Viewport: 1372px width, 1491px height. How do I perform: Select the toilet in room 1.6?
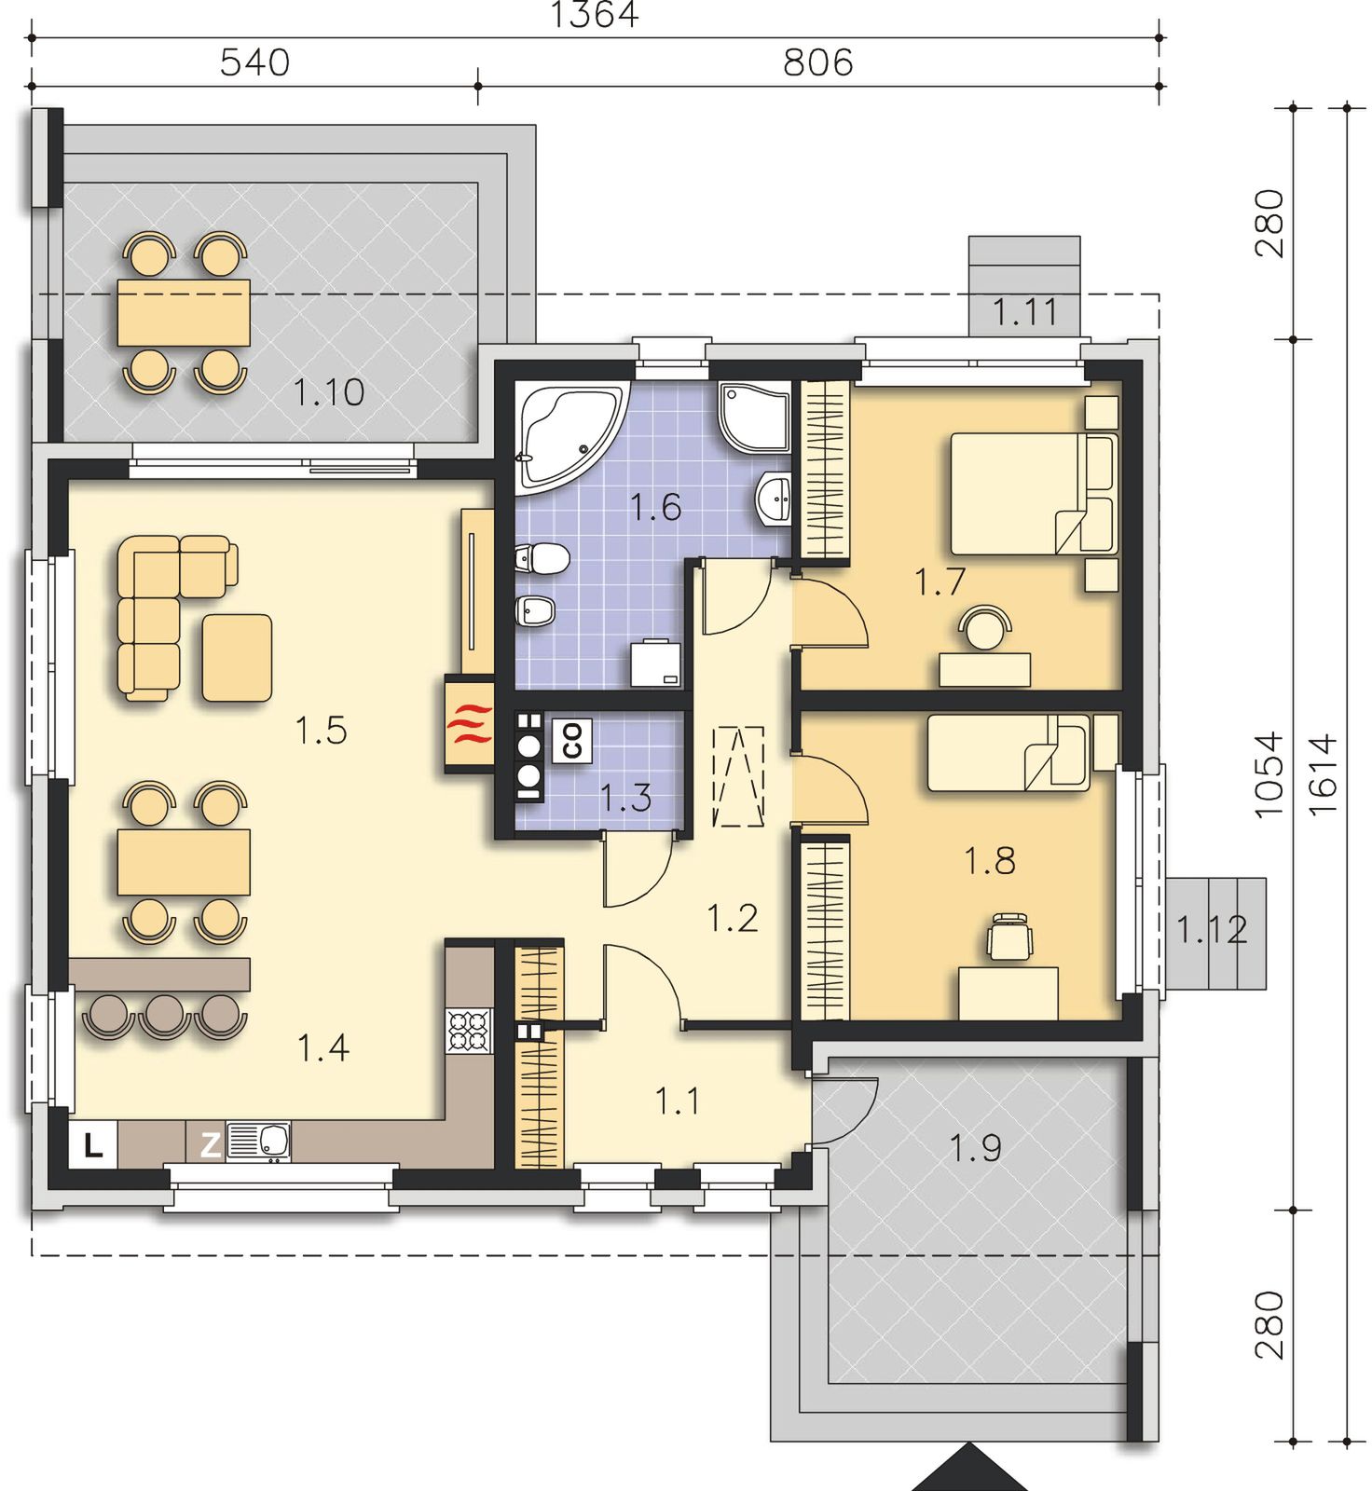pos(542,558)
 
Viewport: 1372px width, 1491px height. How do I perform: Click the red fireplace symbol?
pos(470,723)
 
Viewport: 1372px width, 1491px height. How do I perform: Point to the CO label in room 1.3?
pos(572,741)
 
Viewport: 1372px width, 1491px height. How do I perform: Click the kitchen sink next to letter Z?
pos(259,1141)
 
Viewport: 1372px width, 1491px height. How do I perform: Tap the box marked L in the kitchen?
pos(92,1144)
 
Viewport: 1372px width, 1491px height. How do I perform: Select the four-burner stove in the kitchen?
pos(470,1032)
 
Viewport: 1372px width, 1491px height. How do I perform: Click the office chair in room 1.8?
pos(1010,936)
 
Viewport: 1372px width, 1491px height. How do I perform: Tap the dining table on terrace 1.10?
pos(184,313)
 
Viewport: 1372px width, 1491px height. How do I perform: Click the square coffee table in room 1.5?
pos(237,658)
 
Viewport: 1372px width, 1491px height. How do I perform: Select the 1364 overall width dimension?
pos(595,16)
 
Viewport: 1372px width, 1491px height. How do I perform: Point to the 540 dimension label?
pos(254,63)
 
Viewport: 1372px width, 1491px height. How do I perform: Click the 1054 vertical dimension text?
pos(1269,775)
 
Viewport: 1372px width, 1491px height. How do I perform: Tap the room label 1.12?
pos(1211,930)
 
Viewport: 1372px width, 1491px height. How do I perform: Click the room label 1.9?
pos(975,1148)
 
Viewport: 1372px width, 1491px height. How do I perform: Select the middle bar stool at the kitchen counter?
pos(165,1015)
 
